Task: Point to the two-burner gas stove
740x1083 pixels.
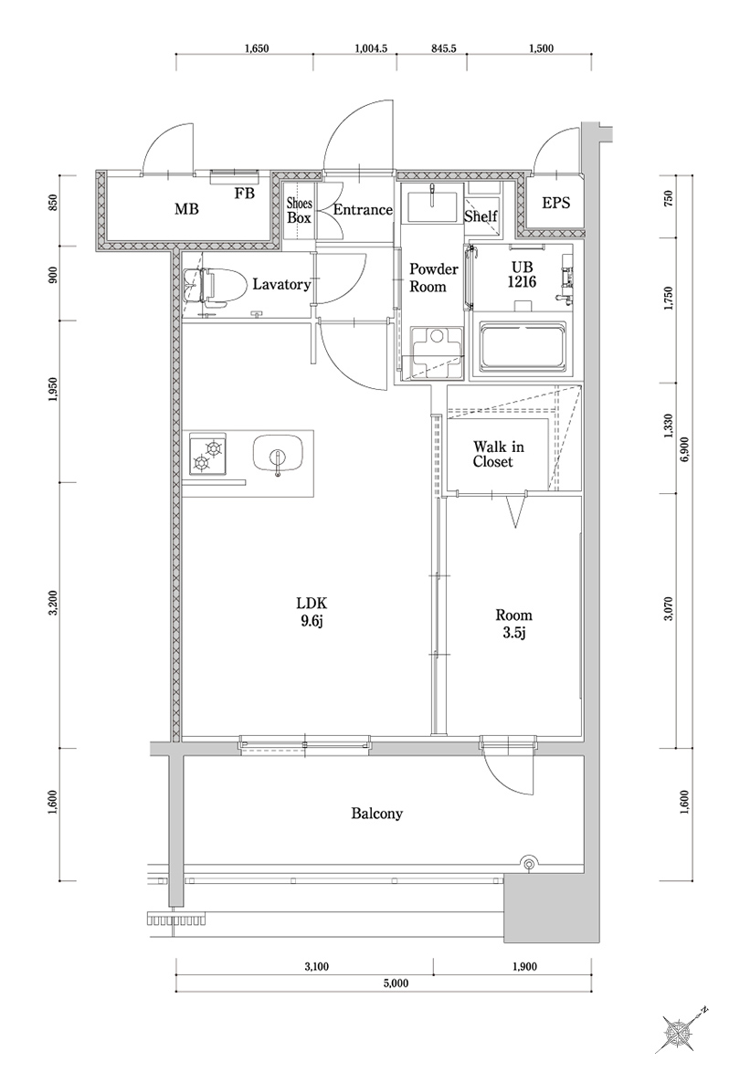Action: click(208, 455)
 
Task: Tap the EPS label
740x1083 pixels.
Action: click(555, 203)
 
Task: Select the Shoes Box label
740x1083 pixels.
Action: click(299, 210)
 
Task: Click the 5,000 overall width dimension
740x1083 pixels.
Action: click(395, 983)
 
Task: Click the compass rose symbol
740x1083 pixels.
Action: click(680, 1033)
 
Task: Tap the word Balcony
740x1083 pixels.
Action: click(376, 813)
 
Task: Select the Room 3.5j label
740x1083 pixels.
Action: click(513, 624)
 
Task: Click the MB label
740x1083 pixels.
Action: click(186, 209)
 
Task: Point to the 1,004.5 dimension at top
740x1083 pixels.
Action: click(372, 49)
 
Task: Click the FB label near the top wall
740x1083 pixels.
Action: click(244, 193)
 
